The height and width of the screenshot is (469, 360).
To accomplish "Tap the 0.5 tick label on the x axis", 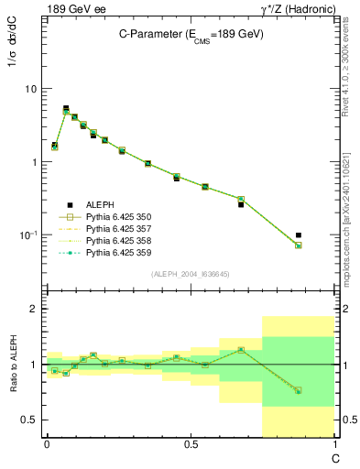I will [x=190, y=444].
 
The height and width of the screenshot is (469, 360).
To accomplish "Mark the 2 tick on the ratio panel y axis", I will [x=34, y=310].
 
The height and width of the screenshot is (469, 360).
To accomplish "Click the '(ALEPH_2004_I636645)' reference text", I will [x=191, y=274].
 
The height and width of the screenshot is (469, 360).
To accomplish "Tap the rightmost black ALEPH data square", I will [x=324, y=235].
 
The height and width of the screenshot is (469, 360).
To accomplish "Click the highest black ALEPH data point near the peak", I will [x=65, y=108].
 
